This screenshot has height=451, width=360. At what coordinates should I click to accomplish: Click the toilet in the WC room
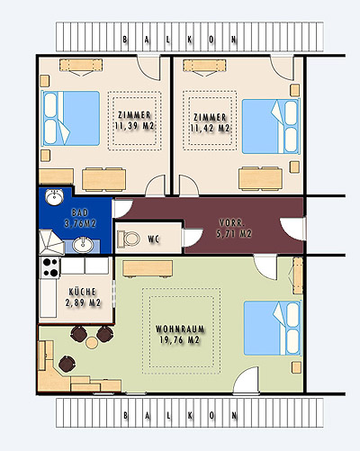pos(129,239)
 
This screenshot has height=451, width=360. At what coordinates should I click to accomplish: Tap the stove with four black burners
pos(50,267)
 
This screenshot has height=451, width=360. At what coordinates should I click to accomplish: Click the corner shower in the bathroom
pos(51,242)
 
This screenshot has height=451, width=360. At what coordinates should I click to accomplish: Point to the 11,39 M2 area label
pos(134,126)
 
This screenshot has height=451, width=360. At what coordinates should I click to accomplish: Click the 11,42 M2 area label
pos(210,129)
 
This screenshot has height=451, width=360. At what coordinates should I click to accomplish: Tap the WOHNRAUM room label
pos(180,329)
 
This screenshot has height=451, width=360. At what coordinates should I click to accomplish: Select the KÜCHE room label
pos(83,292)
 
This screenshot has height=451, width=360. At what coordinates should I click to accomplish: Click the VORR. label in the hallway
pos(232,223)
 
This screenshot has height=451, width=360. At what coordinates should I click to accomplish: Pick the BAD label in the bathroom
pos(80,212)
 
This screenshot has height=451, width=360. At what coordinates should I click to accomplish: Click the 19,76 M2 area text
pos(180,340)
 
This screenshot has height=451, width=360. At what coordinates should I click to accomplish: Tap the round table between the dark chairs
pos(92,342)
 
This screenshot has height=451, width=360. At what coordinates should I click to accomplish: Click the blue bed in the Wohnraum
pos(273,328)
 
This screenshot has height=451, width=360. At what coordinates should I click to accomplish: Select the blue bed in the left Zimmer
pos(70,118)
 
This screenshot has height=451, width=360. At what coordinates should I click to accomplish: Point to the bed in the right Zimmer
pos(271,126)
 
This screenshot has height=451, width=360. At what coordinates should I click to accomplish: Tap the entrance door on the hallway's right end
pos(292,229)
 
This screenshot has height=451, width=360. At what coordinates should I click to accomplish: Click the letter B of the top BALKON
pos(125,40)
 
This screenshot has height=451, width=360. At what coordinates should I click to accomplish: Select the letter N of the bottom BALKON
pos(234,416)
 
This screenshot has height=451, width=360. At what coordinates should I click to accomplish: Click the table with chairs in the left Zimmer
pos(104,179)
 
